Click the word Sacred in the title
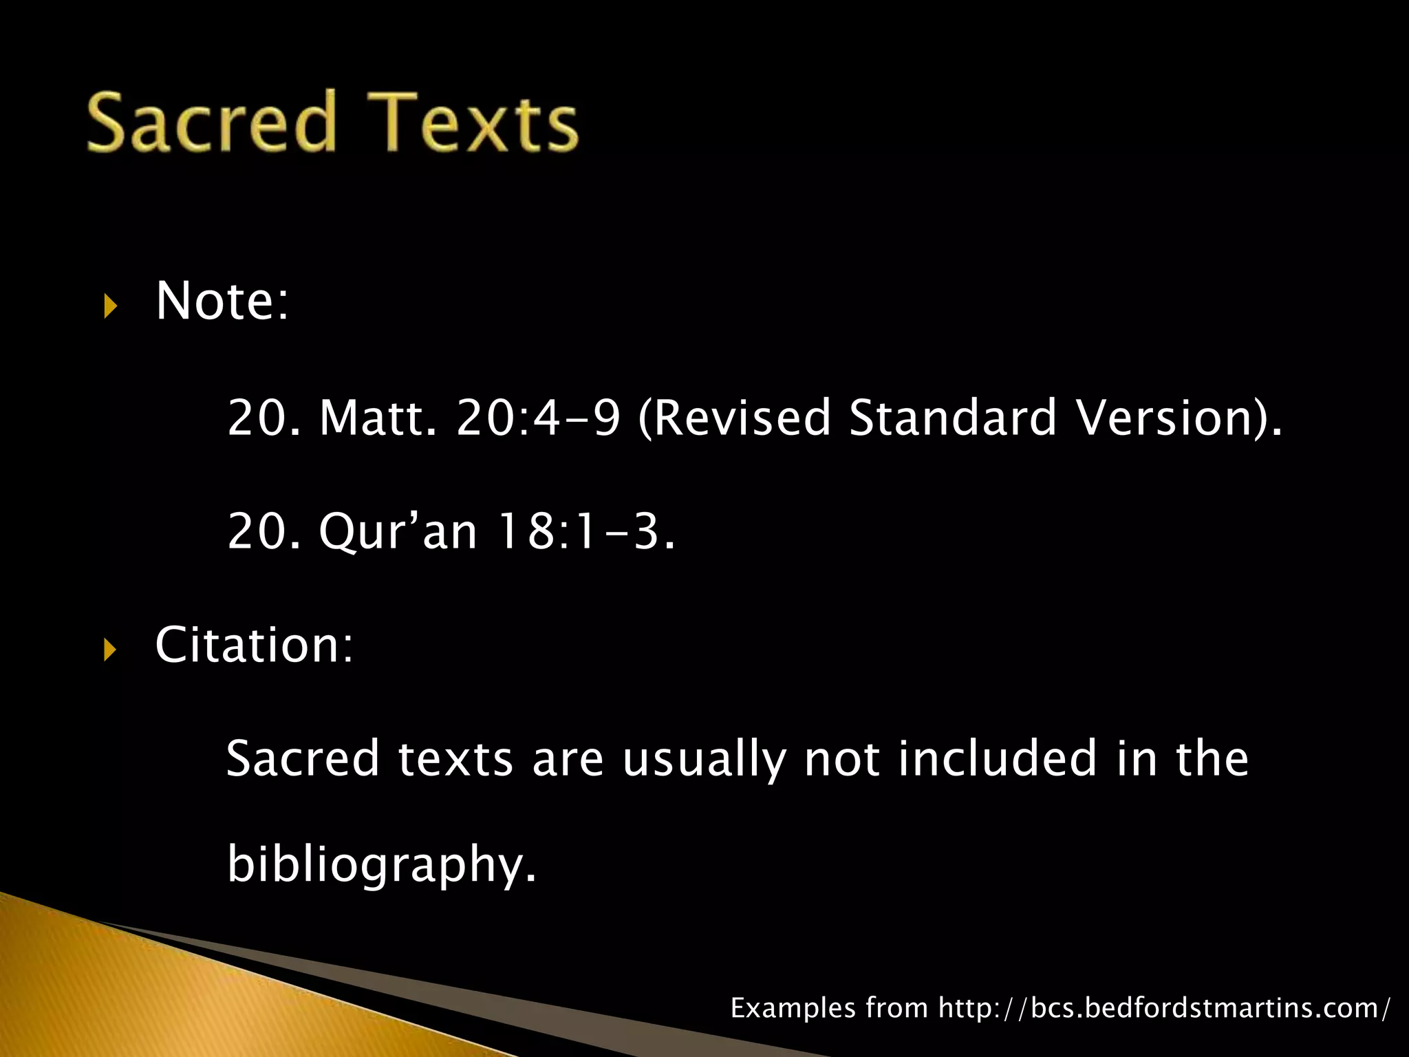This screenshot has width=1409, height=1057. (212, 122)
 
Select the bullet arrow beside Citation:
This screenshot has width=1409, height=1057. (111, 649)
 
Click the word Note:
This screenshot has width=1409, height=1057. (222, 301)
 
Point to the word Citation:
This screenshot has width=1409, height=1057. (254, 645)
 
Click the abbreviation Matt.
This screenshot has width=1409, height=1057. (378, 418)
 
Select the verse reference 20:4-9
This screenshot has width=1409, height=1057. (538, 418)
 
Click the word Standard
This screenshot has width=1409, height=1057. (953, 418)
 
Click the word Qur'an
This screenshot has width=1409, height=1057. (398, 532)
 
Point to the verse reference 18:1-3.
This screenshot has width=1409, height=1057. (585, 532)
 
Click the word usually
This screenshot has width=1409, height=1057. (704, 759)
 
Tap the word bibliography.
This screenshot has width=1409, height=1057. (381, 864)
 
